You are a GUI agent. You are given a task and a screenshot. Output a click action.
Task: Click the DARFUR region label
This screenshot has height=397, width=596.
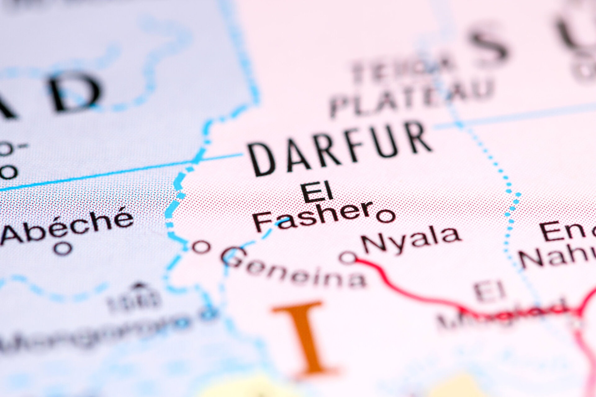tap(340, 150)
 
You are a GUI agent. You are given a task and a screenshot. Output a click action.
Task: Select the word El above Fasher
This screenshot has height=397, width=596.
tap(317, 192)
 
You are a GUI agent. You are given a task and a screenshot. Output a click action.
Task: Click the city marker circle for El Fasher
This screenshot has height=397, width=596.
tap(386, 215)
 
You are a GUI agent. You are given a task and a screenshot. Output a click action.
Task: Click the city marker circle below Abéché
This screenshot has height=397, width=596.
tap(63, 248)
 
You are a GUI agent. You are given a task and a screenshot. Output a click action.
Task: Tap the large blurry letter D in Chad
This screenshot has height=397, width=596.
tap(74, 91)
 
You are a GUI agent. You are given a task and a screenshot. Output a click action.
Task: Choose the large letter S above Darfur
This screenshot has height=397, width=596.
tap(489, 45)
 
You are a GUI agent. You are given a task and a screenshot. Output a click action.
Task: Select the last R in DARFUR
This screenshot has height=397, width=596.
tap(418, 138)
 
